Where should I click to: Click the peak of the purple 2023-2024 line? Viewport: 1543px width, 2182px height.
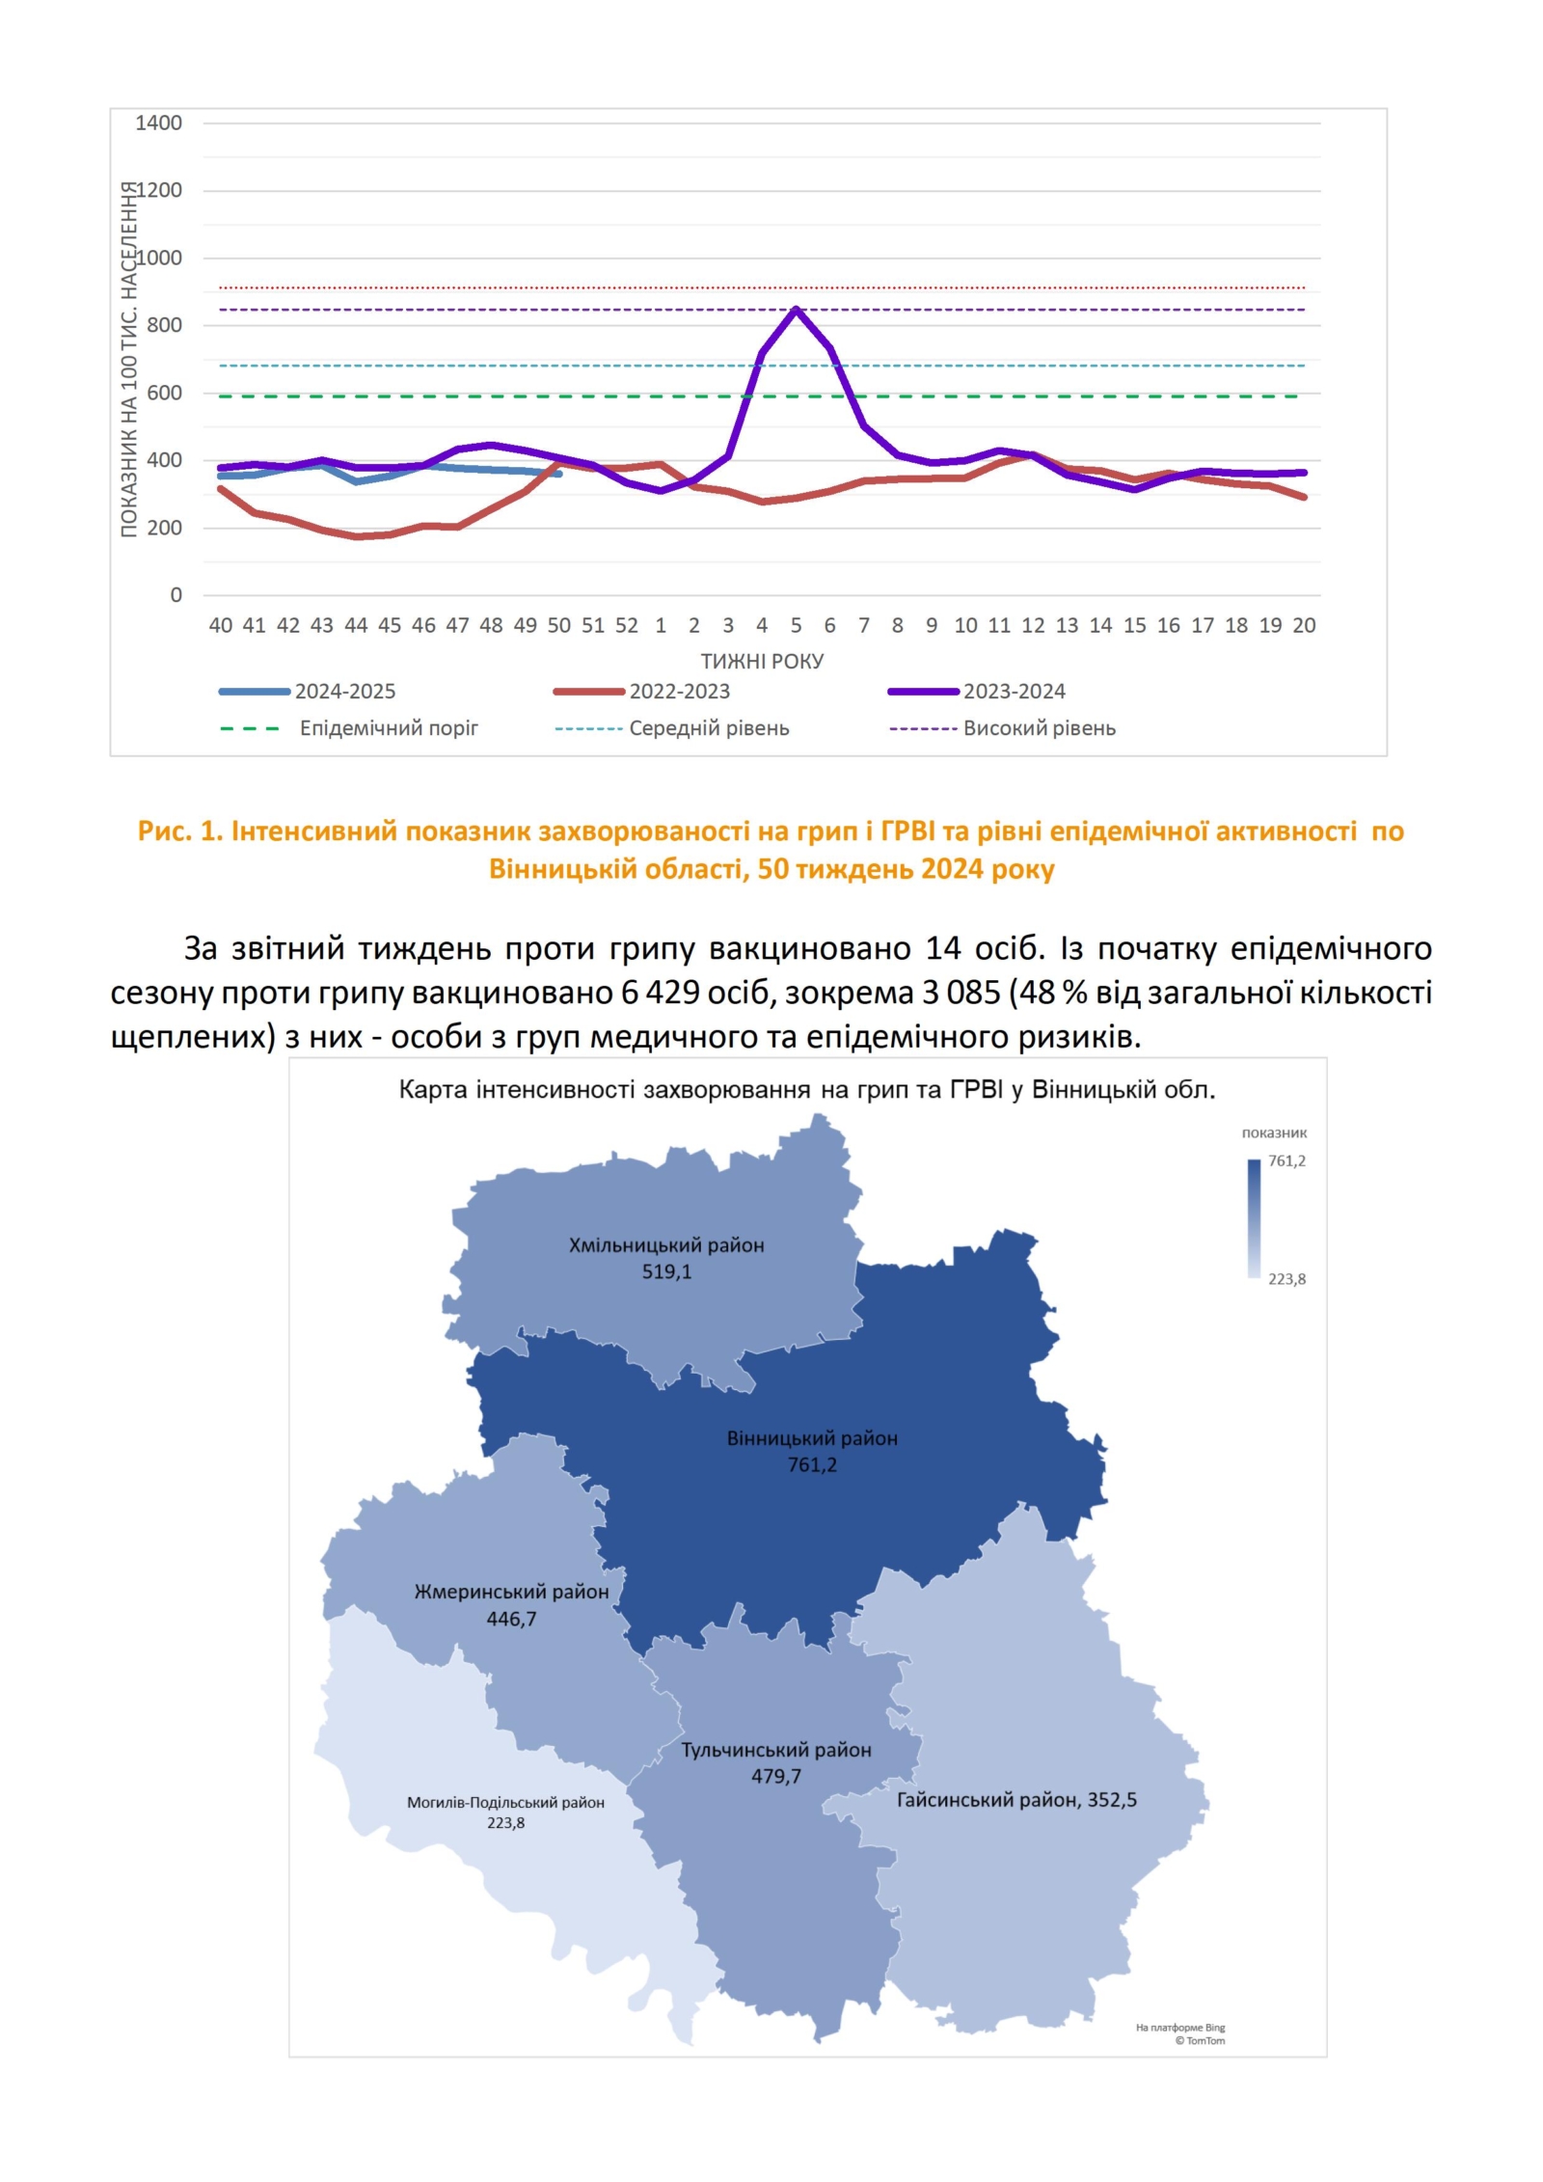[x=795, y=309]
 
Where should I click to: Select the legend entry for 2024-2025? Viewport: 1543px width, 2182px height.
[x=344, y=691]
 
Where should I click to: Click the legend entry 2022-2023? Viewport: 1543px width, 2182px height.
[x=679, y=691]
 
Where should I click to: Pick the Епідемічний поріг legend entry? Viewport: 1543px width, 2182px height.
[x=388, y=728]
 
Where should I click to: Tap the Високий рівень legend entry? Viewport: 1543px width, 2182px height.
[x=1039, y=728]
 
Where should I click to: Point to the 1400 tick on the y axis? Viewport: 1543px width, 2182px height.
[x=158, y=123]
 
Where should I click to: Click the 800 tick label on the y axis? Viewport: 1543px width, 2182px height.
[x=164, y=325]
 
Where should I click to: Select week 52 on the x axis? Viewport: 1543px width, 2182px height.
[x=626, y=625]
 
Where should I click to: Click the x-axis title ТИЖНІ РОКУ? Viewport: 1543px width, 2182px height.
[x=762, y=661]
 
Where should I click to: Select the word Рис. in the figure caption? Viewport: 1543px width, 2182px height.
[x=165, y=831]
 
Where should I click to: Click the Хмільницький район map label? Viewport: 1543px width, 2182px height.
[x=666, y=1245]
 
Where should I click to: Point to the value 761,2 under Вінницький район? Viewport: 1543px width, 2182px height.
[x=812, y=1464]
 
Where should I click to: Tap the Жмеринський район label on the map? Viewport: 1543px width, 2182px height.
[x=511, y=1592]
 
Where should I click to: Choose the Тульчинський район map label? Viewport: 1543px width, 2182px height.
[x=776, y=1750]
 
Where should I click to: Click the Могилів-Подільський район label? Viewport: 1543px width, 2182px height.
[x=505, y=1802]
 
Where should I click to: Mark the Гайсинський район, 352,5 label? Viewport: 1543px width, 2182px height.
[x=1016, y=1800]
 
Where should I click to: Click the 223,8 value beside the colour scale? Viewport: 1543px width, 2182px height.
[x=1286, y=1279]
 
